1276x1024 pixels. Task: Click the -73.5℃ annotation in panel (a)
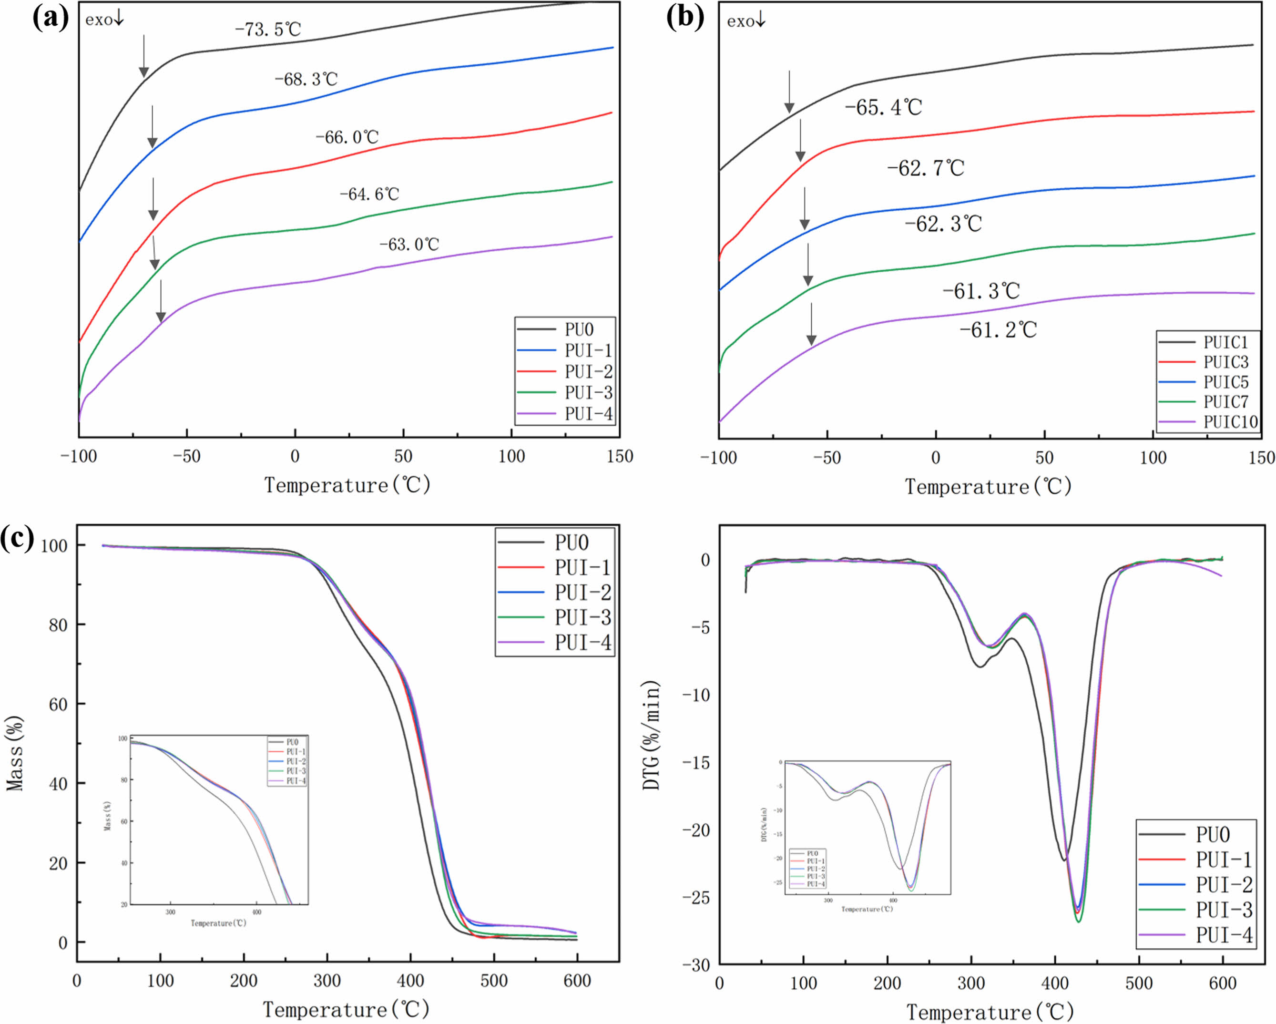click(267, 29)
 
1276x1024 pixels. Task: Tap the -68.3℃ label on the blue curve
click(306, 79)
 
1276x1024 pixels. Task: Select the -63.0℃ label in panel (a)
click(409, 244)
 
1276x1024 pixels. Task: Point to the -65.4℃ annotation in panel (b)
click(883, 107)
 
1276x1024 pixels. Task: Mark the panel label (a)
click(51, 18)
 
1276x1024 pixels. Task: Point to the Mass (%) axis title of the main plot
click(15, 753)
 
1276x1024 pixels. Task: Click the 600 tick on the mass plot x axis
click(577, 981)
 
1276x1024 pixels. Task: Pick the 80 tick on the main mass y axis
click(58, 625)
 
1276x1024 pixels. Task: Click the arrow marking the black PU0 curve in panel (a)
click(143, 56)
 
